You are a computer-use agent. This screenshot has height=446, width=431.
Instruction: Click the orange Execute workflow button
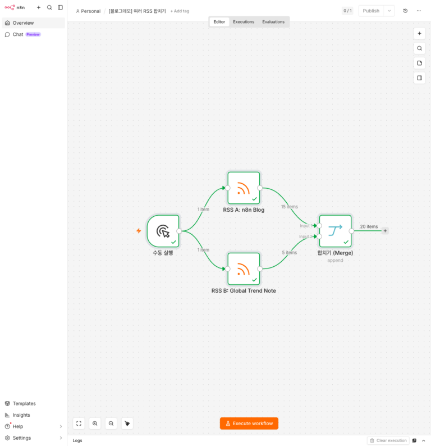click(249, 423)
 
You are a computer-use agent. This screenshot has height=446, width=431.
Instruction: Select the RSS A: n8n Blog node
click(244, 188)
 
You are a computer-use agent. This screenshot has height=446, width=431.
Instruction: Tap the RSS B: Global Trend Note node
click(244, 269)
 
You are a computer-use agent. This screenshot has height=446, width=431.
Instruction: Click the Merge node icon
click(335, 231)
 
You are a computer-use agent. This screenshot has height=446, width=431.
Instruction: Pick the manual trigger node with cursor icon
click(163, 231)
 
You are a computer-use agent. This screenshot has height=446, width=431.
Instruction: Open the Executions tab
click(244, 22)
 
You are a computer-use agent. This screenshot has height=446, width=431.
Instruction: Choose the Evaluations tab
click(273, 22)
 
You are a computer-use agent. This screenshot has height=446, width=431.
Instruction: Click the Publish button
click(371, 11)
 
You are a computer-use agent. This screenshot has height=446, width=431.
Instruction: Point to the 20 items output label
click(369, 226)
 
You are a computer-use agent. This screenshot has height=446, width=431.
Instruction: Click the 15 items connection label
click(290, 207)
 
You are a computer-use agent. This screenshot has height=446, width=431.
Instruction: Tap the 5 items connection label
click(290, 252)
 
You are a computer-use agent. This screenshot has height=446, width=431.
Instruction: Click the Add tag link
click(180, 11)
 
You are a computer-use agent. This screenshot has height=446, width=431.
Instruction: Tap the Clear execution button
click(388, 440)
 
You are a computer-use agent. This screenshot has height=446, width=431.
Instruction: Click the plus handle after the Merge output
click(385, 231)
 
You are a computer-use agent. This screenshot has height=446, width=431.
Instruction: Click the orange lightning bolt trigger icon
click(139, 231)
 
